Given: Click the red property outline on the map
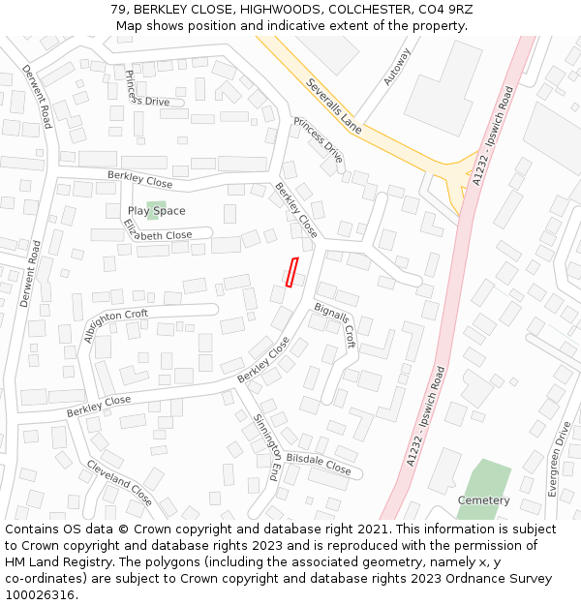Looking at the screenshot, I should click(291, 272).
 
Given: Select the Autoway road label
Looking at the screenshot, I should click(397, 67).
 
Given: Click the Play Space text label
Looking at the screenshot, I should click(156, 211).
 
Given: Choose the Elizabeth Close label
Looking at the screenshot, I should click(158, 232).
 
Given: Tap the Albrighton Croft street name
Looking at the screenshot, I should click(116, 326).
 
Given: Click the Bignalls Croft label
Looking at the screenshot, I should click(335, 324).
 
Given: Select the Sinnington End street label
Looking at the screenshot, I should click(266, 447).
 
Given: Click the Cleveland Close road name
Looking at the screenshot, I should click(120, 482).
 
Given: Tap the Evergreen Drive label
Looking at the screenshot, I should click(560, 460).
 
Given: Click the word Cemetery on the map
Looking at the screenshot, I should click(483, 500).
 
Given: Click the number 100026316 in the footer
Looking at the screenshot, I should click(40, 595).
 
